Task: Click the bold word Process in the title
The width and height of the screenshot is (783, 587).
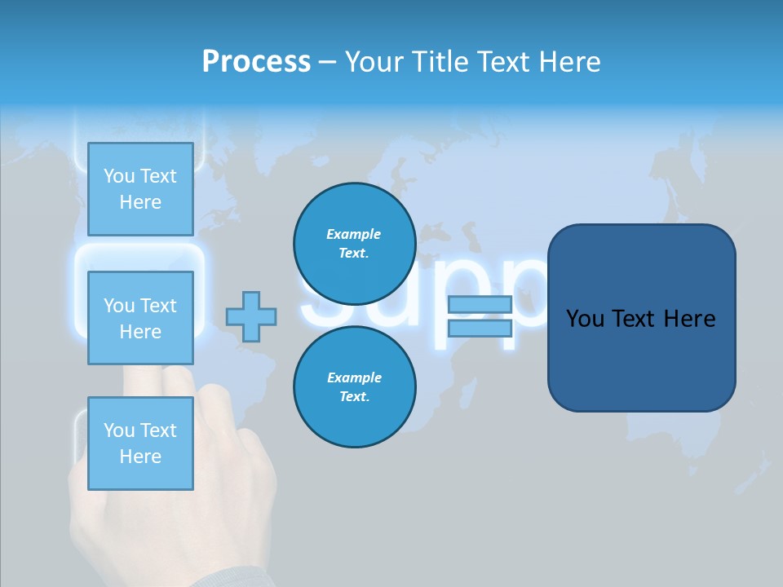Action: point(256,62)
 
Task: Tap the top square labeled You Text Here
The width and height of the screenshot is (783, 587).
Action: point(140,189)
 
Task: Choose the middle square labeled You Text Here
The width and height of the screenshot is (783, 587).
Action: point(140,318)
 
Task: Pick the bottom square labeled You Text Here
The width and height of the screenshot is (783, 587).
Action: point(140,443)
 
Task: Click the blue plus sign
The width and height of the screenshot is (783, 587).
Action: point(251,316)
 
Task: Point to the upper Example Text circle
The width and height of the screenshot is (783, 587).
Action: point(354,244)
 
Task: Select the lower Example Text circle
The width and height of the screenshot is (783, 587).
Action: point(354,387)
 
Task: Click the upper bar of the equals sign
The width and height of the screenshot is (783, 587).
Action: point(480,305)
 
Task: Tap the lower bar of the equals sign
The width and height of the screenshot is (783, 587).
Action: point(480,329)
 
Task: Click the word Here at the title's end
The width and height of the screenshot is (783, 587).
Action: point(568,62)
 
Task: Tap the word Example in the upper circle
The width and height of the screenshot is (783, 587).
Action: point(353,234)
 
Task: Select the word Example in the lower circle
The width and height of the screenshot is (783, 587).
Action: point(354,377)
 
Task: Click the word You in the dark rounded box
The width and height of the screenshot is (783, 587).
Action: point(585,319)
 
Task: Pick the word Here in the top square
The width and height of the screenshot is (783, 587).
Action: point(140,202)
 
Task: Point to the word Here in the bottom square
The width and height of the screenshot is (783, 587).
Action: point(140,457)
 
